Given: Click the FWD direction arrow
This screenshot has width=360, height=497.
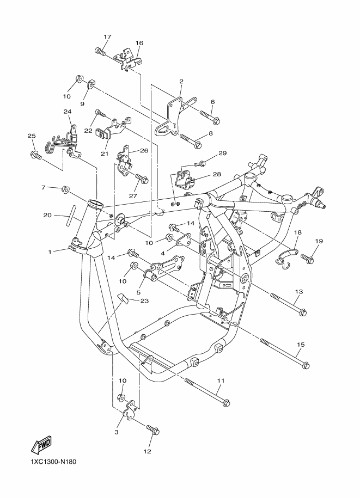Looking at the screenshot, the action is click(x=41, y=445).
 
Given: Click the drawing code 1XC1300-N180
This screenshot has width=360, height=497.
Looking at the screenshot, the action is click(x=53, y=462).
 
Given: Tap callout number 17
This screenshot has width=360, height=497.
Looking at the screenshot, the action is click(x=107, y=37).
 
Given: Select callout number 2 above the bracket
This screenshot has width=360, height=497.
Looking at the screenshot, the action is click(x=181, y=81).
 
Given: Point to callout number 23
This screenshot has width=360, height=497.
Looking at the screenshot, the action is click(x=144, y=300).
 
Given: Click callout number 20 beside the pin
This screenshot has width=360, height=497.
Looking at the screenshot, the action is click(x=47, y=215).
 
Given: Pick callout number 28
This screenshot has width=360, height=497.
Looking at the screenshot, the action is click(x=217, y=174).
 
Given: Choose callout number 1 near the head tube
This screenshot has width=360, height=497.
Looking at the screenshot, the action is click(x=50, y=251).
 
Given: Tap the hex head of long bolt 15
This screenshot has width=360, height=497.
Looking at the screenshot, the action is click(x=306, y=365).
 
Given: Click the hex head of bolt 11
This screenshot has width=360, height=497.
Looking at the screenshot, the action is click(x=227, y=403).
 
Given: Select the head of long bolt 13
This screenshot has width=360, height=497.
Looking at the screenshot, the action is click(x=303, y=312).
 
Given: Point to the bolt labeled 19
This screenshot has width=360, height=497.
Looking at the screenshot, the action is click(x=307, y=259).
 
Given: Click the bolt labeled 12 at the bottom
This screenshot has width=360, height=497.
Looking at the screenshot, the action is click(x=153, y=430).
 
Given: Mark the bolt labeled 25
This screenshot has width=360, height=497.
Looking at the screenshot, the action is click(x=36, y=155).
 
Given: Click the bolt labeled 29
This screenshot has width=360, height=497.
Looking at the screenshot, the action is click(x=200, y=163).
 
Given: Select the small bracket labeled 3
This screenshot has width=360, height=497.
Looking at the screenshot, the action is click(x=130, y=411).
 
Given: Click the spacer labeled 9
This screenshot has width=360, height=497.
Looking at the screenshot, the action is click(x=90, y=84).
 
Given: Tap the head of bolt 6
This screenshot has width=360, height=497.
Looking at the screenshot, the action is click(x=216, y=120).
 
